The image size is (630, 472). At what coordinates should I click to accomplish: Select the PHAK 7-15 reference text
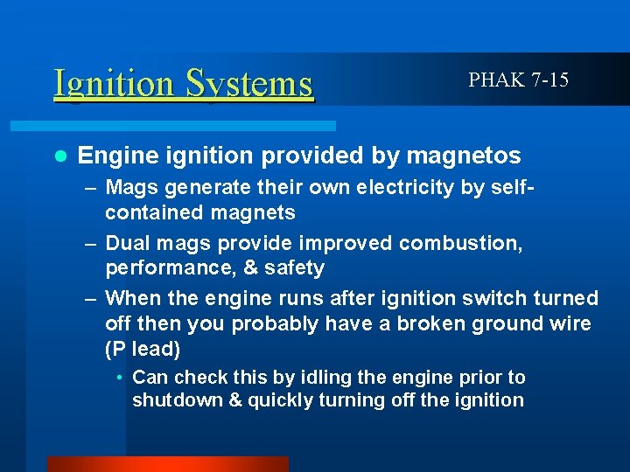pos(518,80)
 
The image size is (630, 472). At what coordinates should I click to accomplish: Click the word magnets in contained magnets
pos(254,212)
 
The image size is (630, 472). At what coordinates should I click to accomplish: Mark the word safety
pos(293,267)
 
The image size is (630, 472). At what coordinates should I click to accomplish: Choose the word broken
pos(437,323)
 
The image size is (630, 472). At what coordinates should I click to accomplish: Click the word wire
pos(570,323)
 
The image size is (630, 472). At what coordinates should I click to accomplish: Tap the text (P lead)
pos(143,348)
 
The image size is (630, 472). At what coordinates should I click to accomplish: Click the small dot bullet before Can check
pos(120,378)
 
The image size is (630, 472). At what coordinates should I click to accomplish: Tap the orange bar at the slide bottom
pos(167,464)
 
